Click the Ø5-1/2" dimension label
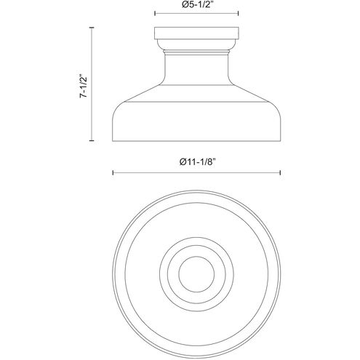(197, 4)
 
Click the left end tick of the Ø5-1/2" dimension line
(155, 13)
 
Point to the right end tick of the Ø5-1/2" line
(239, 13)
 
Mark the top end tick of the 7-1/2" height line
(92, 28)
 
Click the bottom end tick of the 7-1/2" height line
(92, 140)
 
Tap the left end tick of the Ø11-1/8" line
(113, 172)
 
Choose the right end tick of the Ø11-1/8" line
(280, 172)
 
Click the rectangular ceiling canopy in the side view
(196, 33)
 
